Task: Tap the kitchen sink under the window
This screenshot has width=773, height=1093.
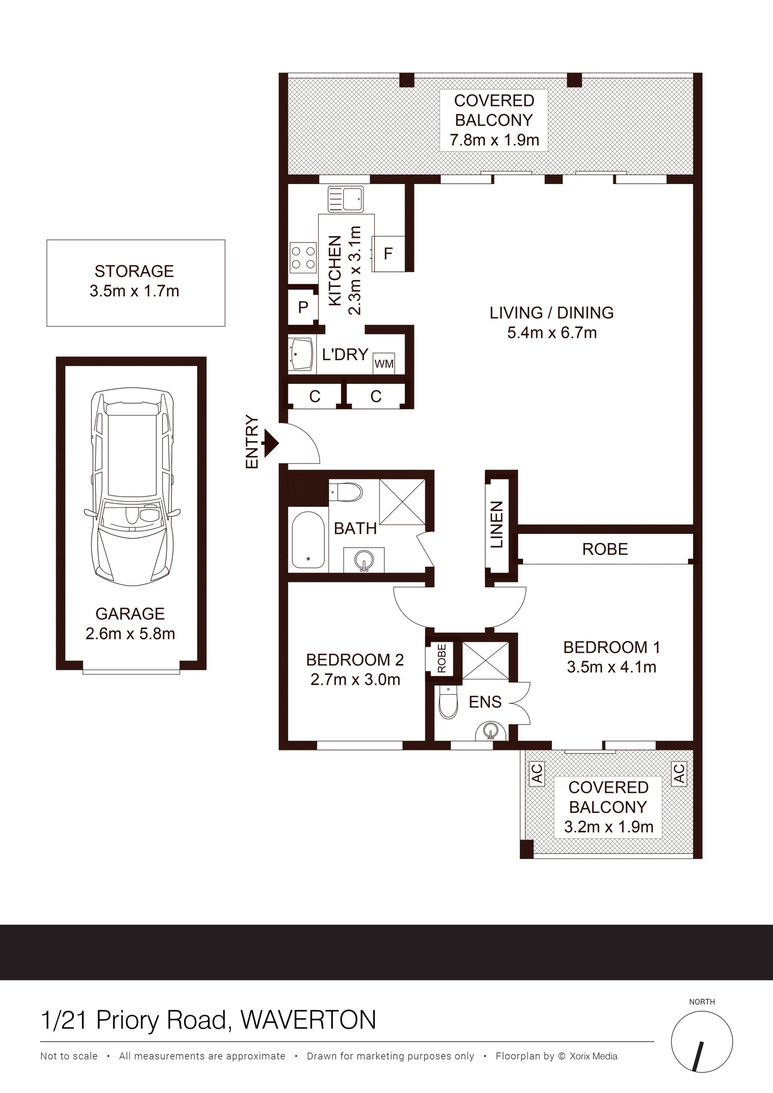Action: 345,199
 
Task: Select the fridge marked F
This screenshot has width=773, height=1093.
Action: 388,254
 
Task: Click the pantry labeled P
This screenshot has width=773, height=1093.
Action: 303,307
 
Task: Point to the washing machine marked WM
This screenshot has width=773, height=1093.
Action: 384,364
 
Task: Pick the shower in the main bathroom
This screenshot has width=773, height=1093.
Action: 402,502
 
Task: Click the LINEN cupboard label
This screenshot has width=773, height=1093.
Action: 496,525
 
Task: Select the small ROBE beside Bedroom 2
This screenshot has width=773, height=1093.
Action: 442,658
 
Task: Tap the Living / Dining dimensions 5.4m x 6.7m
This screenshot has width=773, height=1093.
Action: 552,332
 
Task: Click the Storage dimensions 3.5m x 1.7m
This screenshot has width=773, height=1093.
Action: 134,291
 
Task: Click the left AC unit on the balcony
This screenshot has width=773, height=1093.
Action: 537,773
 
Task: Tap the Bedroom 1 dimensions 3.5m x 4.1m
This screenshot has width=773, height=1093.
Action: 611,667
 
